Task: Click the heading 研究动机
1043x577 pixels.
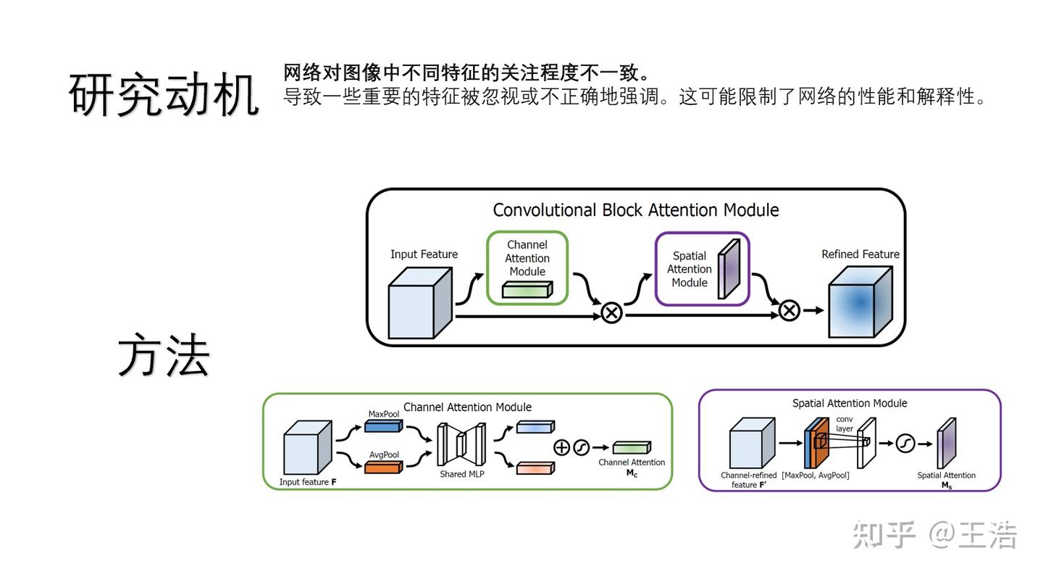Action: (164, 95)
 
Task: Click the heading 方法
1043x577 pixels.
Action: (164, 356)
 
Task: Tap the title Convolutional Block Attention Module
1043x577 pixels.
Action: (635, 210)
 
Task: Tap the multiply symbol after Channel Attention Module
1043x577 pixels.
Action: (612, 313)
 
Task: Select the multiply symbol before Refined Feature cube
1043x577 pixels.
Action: (789, 311)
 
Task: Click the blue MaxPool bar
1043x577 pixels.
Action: (382, 426)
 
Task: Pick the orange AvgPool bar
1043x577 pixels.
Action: (382, 467)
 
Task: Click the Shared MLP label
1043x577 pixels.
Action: (461, 474)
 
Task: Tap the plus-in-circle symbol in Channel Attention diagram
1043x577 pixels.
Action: (561, 447)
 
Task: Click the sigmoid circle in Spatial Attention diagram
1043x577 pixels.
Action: (905, 442)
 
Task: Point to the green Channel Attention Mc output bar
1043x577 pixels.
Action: (632, 448)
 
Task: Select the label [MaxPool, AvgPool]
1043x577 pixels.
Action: (816, 476)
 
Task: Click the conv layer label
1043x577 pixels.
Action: (845, 424)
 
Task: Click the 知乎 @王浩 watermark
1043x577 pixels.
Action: (935, 536)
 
